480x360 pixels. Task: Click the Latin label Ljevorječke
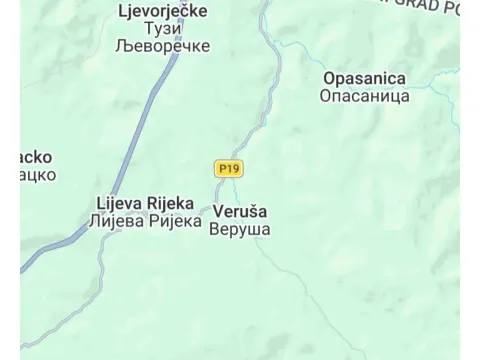tap(161, 11)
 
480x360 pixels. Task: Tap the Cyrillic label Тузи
tap(161, 28)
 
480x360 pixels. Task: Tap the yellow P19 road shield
tap(228, 168)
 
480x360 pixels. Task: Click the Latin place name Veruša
tap(240, 212)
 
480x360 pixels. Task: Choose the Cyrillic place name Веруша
tap(240, 229)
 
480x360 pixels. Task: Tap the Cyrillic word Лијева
tap(116, 221)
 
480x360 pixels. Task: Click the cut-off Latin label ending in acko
tap(35, 157)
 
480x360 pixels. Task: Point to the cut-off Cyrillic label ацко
tap(35, 174)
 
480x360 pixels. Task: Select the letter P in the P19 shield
tap(221, 168)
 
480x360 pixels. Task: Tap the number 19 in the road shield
tap(232, 168)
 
